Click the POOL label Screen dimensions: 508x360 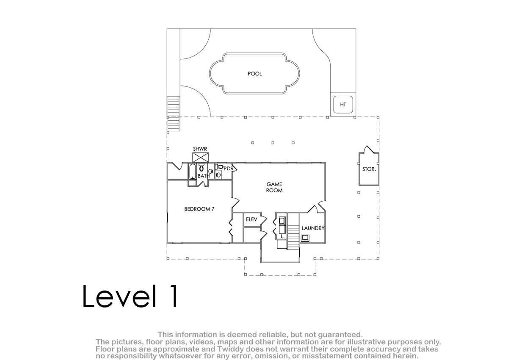[255, 74]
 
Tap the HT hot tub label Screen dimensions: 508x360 [343, 104]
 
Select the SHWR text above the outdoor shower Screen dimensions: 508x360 [200, 149]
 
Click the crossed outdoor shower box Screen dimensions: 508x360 [201, 158]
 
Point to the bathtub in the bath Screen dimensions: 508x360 [192, 172]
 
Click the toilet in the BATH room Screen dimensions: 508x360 [202, 168]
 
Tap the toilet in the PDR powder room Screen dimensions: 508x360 [219, 167]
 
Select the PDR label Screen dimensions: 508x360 [228, 169]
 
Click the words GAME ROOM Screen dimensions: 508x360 [274, 187]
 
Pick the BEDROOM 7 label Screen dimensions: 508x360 [199, 209]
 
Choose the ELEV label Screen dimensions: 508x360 [251, 219]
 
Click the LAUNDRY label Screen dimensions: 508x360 [313, 228]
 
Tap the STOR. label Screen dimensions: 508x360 [369, 169]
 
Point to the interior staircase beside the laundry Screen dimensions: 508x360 [293, 237]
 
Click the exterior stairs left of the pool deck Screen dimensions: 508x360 [174, 114]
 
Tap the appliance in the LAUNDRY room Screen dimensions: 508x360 [305, 238]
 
